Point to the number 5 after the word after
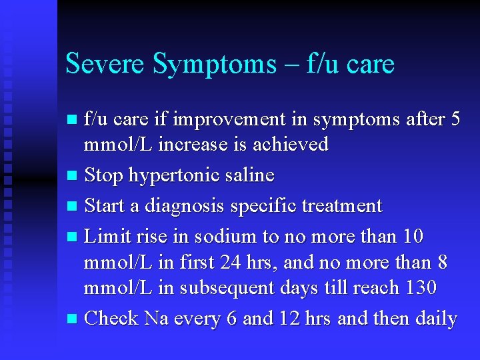click(455, 120)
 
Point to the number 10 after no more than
click(413, 237)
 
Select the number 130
click(420, 288)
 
